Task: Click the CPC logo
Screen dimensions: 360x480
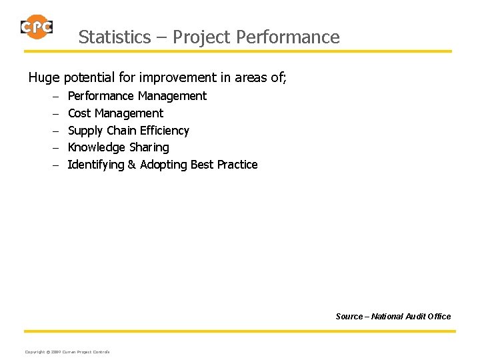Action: click(37, 27)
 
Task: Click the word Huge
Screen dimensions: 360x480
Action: click(44, 78)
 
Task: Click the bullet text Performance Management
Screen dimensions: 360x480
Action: click(137, 96)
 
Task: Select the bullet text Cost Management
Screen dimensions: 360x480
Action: click(115, 113)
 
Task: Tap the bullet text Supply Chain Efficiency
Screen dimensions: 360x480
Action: click(129, 131)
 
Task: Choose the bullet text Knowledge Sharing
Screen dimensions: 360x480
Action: click(119, 147)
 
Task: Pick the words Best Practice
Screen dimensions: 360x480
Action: click(224, 165)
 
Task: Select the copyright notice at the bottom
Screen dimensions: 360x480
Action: click(67, 351)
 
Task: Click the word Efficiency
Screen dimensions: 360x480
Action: click(165, 131)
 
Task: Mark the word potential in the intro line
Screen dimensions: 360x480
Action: click(88, 78)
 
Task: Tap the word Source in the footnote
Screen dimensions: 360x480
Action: click(350, 316)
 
